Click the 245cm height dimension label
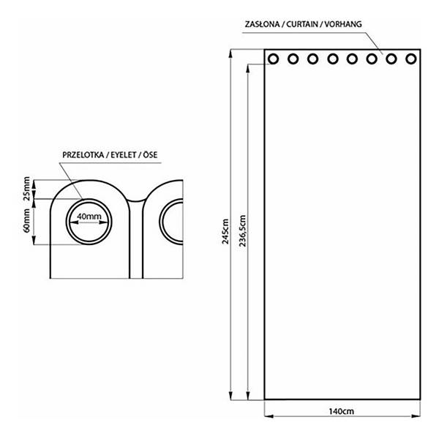tap(225, 231)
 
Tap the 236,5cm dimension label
tap(242, 230)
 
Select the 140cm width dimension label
tap(341, 411)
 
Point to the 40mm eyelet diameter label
tap(89, 217)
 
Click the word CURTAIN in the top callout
tap(302, 24)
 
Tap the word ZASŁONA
tap(263, 24)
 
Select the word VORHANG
tap(343, 24)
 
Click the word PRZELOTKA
tap(83, 155)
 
